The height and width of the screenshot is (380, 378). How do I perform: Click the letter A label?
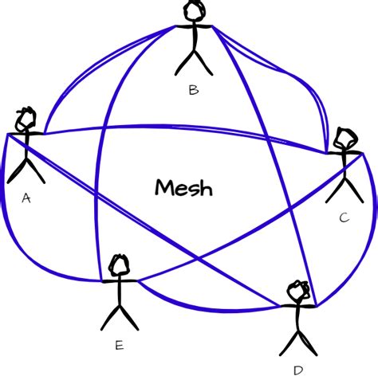26,198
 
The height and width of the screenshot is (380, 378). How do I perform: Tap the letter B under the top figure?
193,90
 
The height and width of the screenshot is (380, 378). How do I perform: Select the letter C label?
344,217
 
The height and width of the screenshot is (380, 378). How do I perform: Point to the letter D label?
298,370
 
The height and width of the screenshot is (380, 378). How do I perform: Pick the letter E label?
119,345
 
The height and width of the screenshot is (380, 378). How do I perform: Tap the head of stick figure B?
194,11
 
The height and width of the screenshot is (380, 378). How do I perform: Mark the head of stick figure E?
120,265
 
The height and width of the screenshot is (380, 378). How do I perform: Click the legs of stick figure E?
120,317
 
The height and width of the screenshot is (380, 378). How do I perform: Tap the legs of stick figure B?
193,62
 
